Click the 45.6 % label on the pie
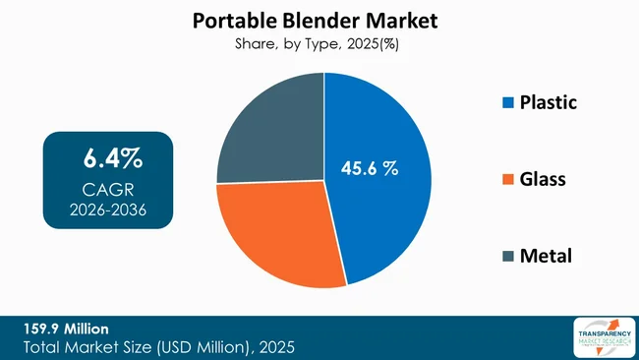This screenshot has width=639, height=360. (369, 168)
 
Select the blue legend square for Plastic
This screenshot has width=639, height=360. (507, 103)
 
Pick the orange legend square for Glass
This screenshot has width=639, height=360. (507, 180)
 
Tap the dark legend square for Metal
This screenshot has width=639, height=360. (507, 257)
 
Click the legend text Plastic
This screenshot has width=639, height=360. (548, 102)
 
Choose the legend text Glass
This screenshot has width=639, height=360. (543, 180)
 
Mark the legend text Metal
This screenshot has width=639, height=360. (545, 257)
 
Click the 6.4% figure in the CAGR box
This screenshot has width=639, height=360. (108, 157)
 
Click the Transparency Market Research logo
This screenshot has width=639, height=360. (601, 337)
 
